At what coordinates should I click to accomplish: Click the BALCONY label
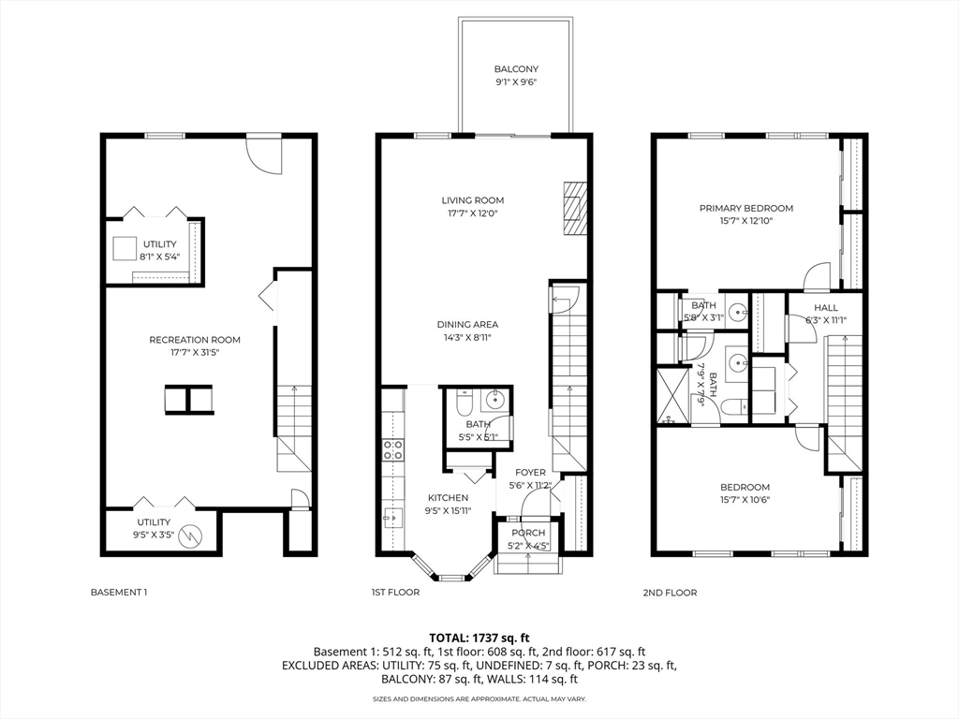pos(516,69)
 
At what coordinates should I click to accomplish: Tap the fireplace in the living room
pos(574,208)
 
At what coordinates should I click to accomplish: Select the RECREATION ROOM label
pos(195,340)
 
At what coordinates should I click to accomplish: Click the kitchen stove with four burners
pos(392,450)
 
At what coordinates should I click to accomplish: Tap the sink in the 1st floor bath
pos(493,401)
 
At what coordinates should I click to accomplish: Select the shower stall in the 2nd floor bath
pos(671,396)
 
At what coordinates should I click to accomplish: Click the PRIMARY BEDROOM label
pos(746,208)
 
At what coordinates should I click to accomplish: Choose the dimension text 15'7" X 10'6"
pos(745,500)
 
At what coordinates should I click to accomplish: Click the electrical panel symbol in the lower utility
pos(192,535)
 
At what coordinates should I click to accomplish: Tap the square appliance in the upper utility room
pos(125,249)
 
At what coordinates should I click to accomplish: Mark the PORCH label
pos(528,533)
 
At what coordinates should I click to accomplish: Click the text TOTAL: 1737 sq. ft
pos(479,638)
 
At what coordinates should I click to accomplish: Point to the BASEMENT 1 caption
pos(119,592)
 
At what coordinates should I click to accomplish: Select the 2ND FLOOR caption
pos(670,593)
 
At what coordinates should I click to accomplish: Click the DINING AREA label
pos(467,325)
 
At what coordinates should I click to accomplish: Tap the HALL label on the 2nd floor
pos(826,307)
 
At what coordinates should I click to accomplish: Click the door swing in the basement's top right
pos(263,155)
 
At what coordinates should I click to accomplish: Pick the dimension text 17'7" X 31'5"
pos(195,352)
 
